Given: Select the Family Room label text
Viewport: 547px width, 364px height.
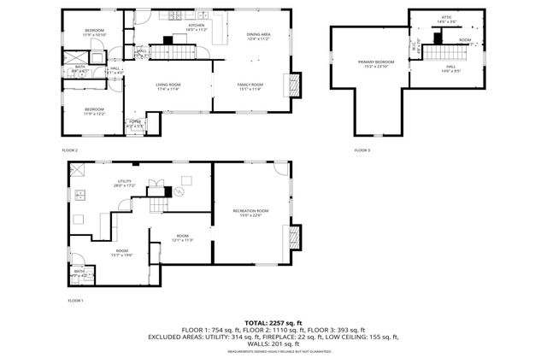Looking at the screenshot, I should click(250, 86).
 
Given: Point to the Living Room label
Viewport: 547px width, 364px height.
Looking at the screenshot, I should click(168, 86).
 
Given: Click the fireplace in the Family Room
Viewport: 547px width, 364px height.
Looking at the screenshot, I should click(296, 85).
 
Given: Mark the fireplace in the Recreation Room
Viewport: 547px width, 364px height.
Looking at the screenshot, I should click(296, 237).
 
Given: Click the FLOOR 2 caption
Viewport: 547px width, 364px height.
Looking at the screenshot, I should click(70, 150).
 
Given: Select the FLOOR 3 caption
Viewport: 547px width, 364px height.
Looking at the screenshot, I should click(362, 150).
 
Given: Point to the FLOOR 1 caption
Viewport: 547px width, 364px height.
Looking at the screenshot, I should click(76, 301).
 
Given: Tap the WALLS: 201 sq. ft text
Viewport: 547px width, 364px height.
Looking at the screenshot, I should click(273, 343).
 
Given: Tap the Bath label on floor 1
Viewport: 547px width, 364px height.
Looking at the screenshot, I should click(79, 273).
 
